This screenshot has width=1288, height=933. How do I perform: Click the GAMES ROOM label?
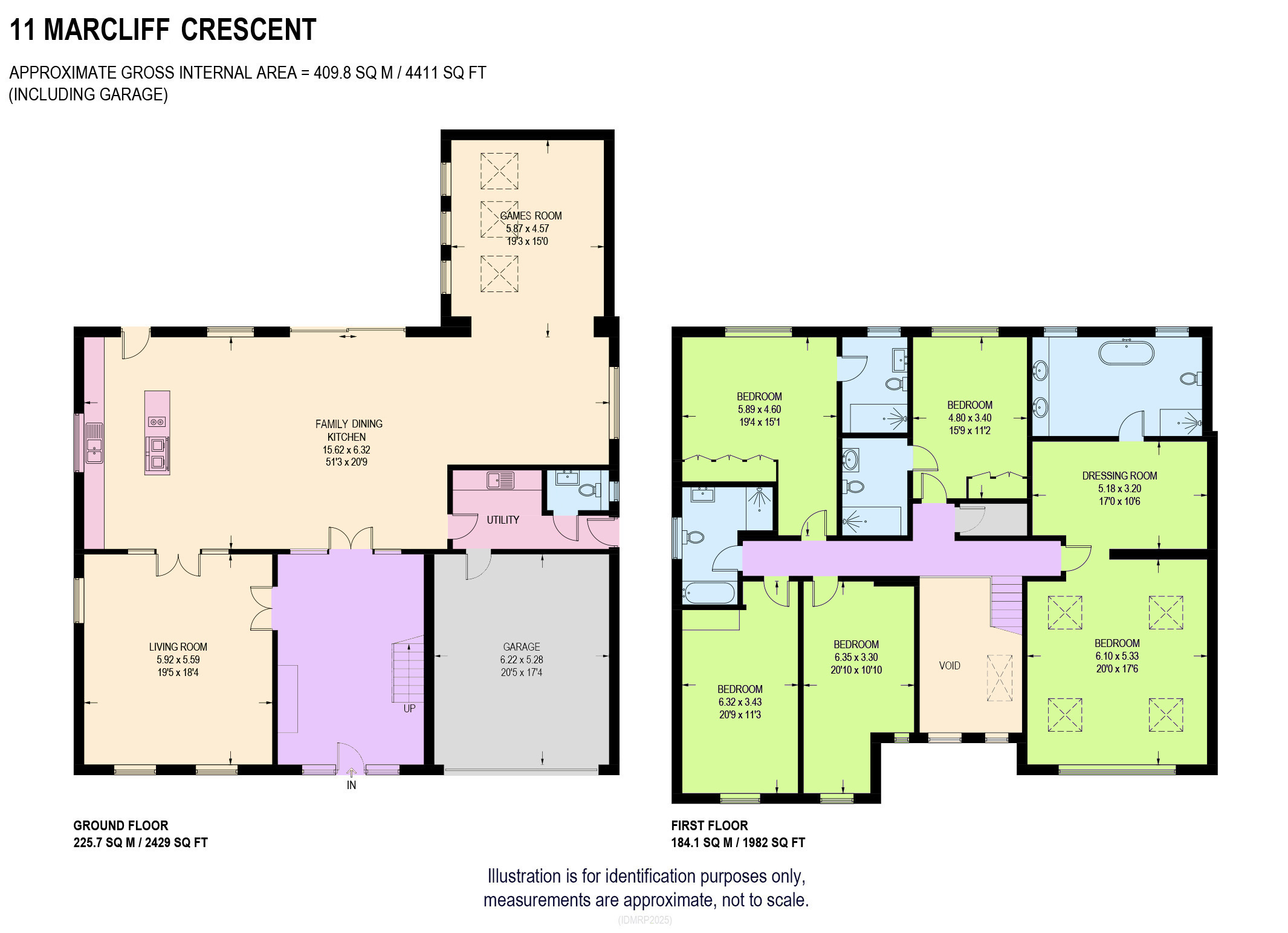click(531, 216)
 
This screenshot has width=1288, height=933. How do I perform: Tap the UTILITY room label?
click(503, 520)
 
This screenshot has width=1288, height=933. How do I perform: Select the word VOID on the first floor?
click(950, 666)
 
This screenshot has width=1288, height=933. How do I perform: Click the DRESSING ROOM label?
click(1119, 476)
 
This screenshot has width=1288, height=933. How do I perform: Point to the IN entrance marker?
click(351, 785)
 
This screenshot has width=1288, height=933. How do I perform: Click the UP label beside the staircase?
click(409, 709)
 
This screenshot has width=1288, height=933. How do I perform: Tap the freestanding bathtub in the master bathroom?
click(1126, 353)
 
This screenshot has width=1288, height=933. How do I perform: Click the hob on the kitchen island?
click(157, 421)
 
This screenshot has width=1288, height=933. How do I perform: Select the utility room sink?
click(500, 480)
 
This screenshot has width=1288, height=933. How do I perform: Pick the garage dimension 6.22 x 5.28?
click(522, 660)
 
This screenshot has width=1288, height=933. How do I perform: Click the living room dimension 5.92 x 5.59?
click(178, 660)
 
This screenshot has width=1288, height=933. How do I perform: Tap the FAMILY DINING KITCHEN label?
click(348, 431)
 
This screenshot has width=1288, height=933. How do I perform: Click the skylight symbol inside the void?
click(1000, 678)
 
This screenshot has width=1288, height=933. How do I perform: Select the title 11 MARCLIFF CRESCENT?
click(163, 30)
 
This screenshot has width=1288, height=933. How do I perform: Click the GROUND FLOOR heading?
click(121, 826)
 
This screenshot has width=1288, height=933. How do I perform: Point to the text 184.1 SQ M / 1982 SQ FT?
click(738, 843)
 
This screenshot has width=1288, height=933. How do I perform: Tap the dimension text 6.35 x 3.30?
click(856, 657)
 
